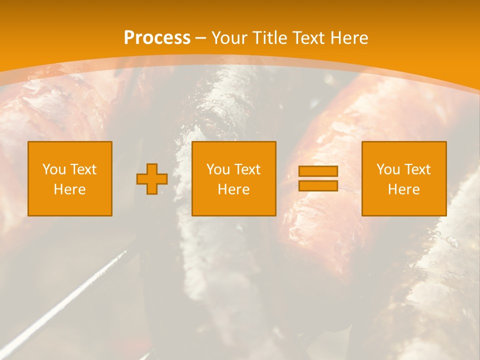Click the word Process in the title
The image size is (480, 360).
pos(157,38)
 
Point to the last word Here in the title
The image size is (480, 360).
pos(349,38)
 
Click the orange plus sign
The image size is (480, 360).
pos(152,178)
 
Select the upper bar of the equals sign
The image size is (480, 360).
pos(318,171)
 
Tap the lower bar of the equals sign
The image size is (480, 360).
pos(318,185)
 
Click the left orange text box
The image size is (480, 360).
pos(70,178)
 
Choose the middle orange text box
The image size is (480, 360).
pos(233,178)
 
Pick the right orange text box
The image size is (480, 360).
pos(404,178)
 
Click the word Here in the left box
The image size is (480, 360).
pos(70,189)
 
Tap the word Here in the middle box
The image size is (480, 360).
pos(233,189)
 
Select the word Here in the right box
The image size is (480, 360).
pos(404,189)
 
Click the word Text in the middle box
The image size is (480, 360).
pos(247,169)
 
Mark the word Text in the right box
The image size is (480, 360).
pos(417,169)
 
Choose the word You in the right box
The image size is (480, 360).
pos(388,169)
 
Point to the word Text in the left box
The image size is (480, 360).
pos(83,169)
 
